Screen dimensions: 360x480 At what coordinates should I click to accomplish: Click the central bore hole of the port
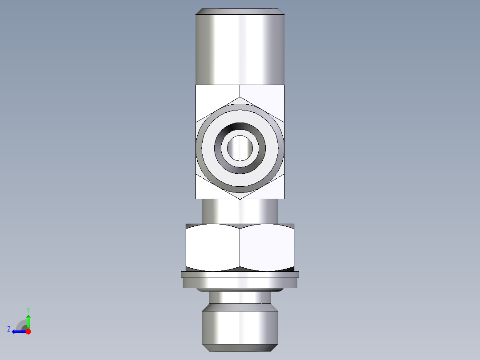point(240,148)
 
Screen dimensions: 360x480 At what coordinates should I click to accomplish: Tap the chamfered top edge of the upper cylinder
point(240,11)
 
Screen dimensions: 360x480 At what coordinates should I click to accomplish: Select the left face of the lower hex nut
point(213,247)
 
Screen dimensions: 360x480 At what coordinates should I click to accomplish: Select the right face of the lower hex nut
point(267,247)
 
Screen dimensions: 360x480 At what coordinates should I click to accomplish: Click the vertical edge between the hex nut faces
point(240,247)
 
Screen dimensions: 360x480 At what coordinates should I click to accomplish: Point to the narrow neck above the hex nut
point(240,211)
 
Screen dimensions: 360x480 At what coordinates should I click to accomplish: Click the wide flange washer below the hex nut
point(240,281)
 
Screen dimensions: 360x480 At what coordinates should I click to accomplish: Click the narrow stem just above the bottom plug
point(240,297)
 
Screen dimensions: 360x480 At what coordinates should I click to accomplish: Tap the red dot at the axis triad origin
point(28,331)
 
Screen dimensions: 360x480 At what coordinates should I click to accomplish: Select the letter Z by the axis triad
point(9,329)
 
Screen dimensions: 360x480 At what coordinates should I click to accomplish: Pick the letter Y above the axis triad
point(28,309)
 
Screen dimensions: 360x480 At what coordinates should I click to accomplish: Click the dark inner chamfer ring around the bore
point(240,168)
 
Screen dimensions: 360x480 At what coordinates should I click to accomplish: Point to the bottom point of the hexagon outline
point(240,198)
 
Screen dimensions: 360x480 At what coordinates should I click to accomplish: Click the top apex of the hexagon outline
point(240,97)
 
